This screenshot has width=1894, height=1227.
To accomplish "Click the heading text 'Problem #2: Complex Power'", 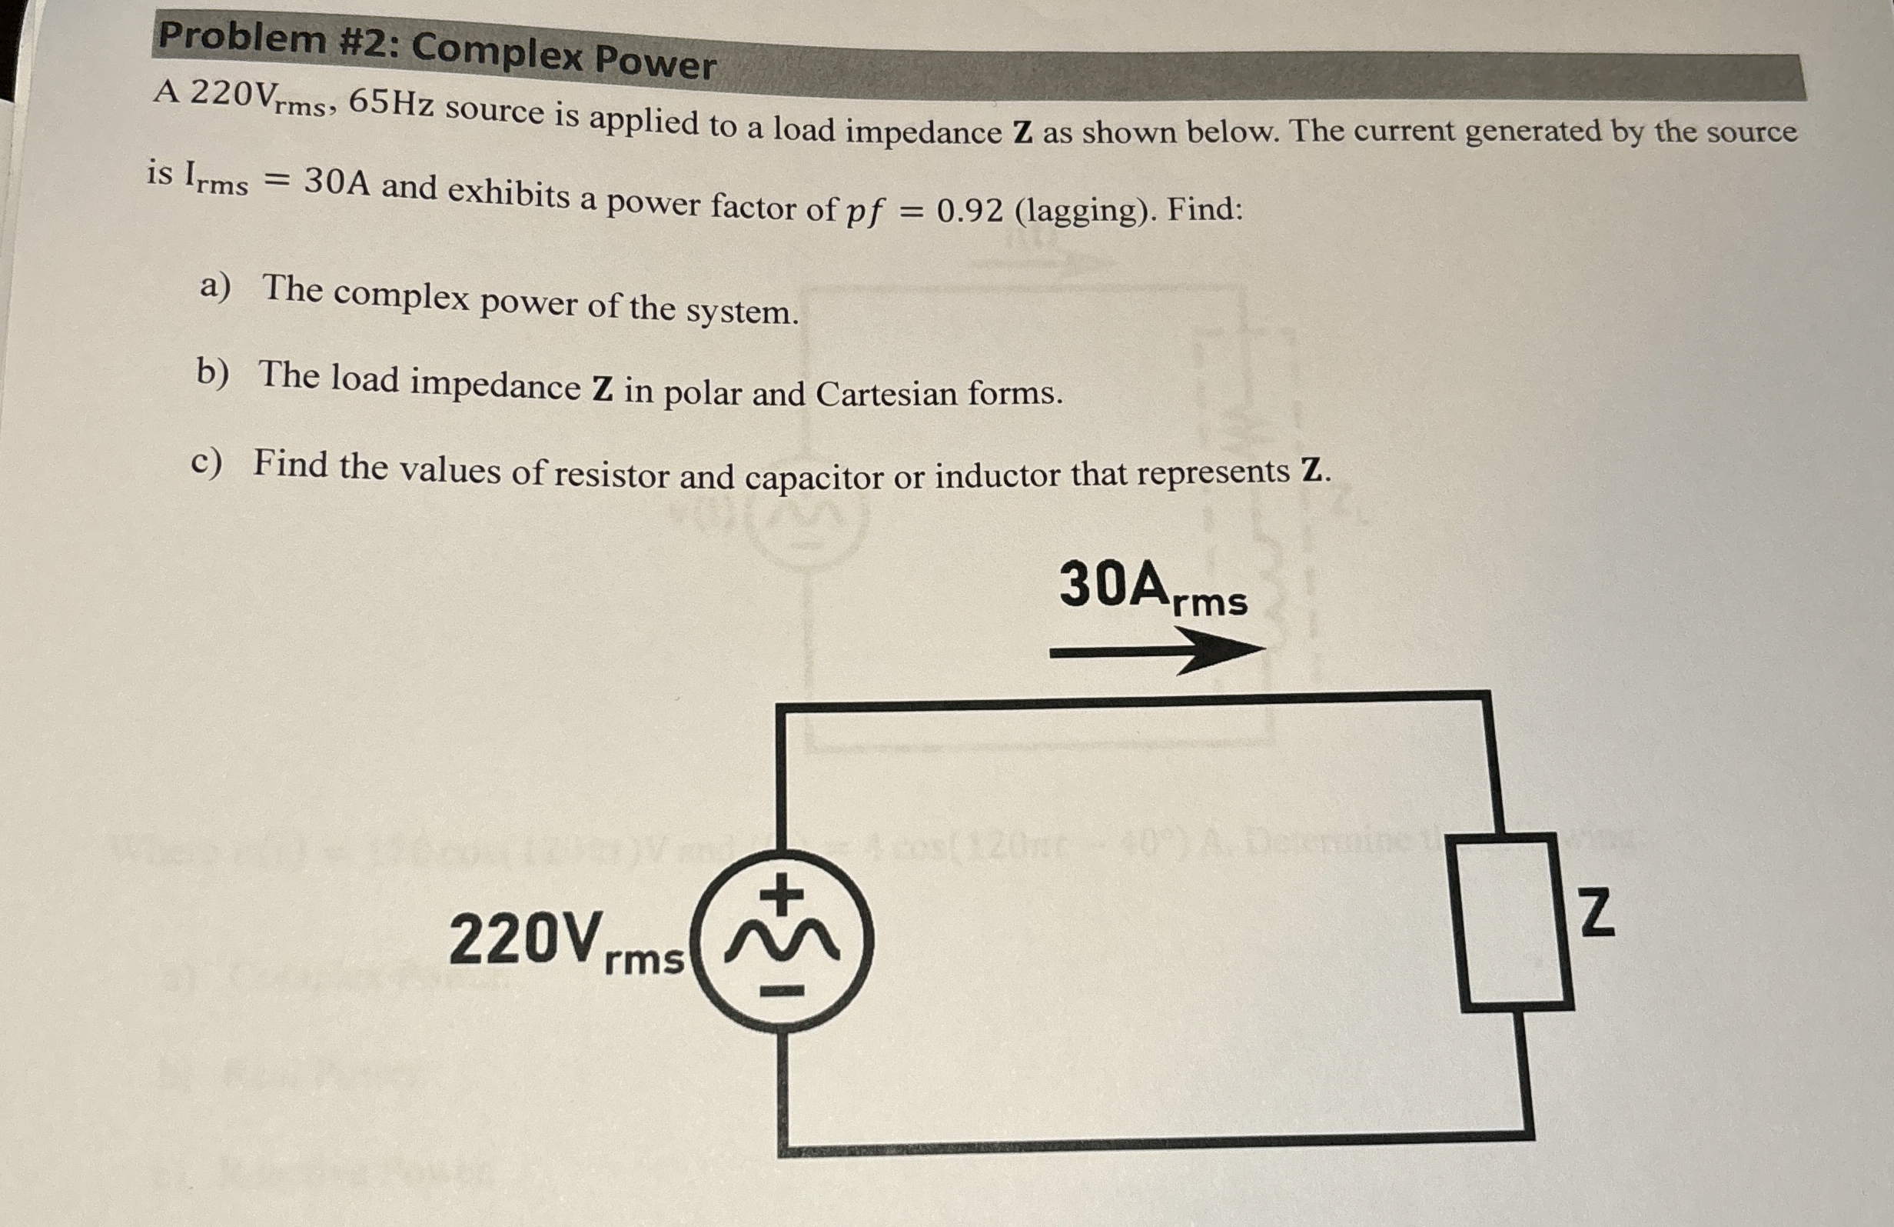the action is [x=437, y=49].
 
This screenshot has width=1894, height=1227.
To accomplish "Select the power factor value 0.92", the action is [x=969, y=211].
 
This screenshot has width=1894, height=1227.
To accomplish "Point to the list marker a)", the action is [x=215, y=287].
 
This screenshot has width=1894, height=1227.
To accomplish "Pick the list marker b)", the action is [x=212, y=372].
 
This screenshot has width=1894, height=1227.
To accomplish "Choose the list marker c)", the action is [x=207, y=462].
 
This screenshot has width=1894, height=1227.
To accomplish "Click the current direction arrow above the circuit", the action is [x=1157, y=652].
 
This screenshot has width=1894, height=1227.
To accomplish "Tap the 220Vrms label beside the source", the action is [x=566, y=941].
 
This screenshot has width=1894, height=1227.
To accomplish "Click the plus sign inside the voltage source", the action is [x=783, y=892].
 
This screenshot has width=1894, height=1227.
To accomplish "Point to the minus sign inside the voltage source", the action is [x=783, y=992].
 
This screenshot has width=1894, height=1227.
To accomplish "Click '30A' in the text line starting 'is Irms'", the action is [x=337, y=182].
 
